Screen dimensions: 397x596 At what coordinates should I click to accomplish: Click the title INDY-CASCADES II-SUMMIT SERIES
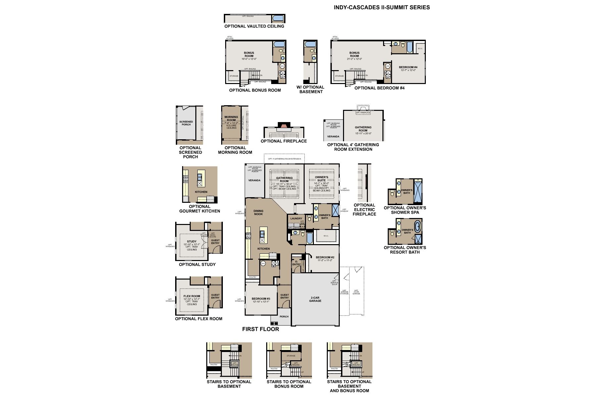pyautogui.click(x=382, y=7)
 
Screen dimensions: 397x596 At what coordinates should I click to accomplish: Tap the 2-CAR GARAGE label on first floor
pyautogui.click(x=315, y=299)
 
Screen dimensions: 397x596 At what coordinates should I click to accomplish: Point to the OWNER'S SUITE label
pyautogui.click(x=322, y=179)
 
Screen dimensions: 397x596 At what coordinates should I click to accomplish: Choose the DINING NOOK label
pyautogui.click(x=258, y=212)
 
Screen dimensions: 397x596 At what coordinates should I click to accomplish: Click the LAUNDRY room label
pyautogui.click(x=296, y=218)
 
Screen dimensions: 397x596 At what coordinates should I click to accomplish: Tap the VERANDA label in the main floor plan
pyautogui.click(x=254, y=180)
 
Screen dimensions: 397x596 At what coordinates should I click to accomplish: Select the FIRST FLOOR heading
pyautogui.click(x=261, y=329)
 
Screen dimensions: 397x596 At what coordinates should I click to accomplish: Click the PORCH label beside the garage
pyautogui.click(x=284, y=316)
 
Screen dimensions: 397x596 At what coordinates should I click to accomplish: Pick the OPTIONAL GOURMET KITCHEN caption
pyautogui.click(x=200, y=209)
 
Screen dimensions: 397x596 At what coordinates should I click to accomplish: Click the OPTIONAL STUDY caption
pyautogui.click(x=197, y=264)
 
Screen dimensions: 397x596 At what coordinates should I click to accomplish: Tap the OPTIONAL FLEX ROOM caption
pyautogui.click(x=199, y=319)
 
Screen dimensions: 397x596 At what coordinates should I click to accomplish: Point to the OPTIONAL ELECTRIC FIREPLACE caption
pyautogui.click(x=364, y=209)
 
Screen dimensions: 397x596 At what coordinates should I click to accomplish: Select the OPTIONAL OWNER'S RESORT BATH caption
pyautogui.click(x=405, y=250)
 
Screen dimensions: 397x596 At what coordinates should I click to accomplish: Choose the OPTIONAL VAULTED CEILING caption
pyautogui.click(x=254, y=26)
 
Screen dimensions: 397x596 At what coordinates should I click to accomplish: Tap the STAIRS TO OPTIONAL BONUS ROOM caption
pyautogui.click(x=289, y=384)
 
